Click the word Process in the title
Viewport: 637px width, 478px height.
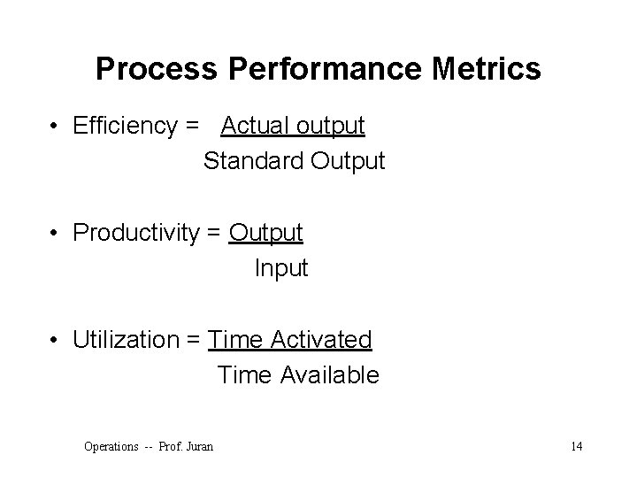coord(141,69)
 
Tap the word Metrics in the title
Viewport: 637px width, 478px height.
coord(491,69)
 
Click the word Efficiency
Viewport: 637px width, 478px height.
coord(125,127)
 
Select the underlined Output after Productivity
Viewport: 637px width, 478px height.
coord(265,233)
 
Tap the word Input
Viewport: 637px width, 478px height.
coord(281,268)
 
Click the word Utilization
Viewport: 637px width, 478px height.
coord(125,339)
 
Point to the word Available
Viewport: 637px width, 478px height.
coord(330,375)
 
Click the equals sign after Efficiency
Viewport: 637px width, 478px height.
coord(193,127)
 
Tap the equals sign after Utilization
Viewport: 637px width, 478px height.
coord(192,340)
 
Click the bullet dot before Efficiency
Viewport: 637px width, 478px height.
coord(56,127)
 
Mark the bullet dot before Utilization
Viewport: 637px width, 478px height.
coord(56,340)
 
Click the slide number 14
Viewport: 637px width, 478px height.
coord(576,446)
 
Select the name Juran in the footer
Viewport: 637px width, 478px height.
coord(199,447)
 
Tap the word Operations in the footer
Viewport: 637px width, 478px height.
coord(111,447)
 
